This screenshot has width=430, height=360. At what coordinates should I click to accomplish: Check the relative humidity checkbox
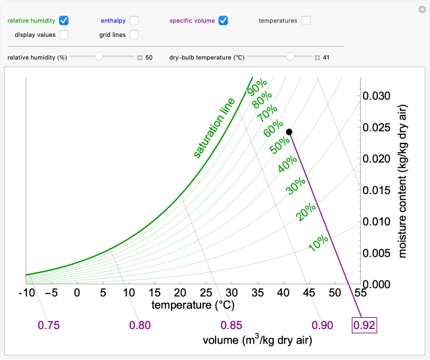coord(64,20)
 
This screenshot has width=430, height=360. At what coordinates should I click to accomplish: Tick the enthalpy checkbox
coord(134,20)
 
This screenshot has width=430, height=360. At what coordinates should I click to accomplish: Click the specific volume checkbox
coord(224,20)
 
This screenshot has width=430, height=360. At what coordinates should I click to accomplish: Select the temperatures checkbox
coord(306,20)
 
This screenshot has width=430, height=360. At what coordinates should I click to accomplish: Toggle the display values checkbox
coord(64,34)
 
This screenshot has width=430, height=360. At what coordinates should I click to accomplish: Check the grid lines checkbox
coord(134,34)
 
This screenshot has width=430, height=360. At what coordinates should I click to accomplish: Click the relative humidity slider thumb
coord(99,57)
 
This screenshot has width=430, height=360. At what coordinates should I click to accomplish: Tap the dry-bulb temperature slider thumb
coord(290,57)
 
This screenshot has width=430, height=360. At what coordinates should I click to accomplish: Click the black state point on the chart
coord(289,132)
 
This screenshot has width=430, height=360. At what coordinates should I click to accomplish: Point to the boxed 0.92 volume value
coord(364,325)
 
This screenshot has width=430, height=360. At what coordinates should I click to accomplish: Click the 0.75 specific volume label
coord(49,325)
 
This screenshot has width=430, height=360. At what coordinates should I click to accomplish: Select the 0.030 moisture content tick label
coord(377,96)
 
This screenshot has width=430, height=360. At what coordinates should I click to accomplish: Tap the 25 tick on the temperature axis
coord(180,292)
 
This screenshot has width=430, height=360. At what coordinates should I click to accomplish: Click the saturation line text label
coord(214,128)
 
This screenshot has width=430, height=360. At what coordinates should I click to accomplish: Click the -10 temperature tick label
coord(26,292)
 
